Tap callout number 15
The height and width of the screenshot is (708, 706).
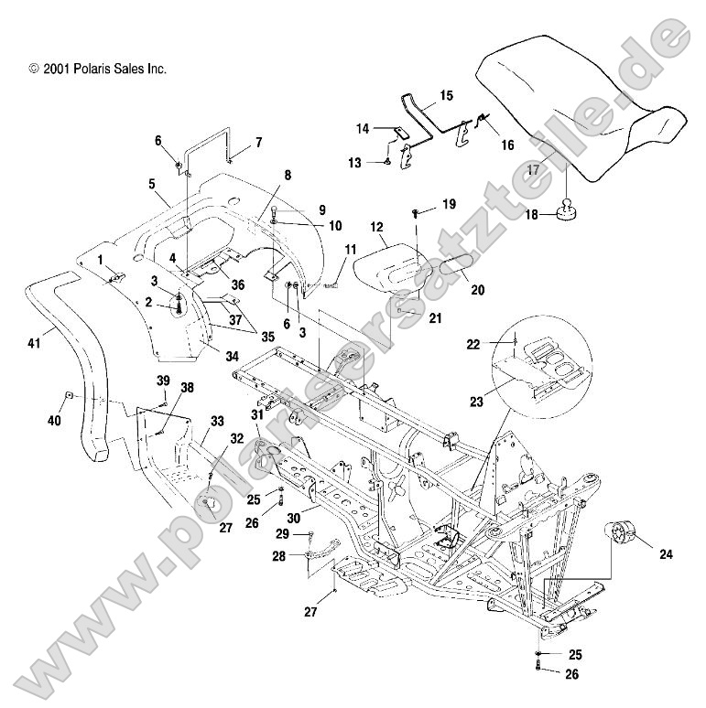446,95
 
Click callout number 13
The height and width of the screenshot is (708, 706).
380,163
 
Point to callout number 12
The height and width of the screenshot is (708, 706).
375,226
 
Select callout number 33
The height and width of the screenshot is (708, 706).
217,421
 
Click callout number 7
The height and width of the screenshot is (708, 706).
258,142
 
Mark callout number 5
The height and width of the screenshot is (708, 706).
153,183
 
